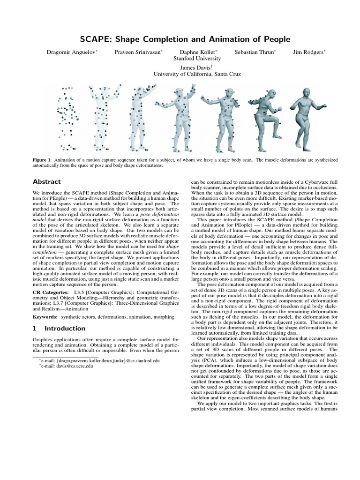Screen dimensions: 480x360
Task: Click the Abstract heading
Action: click(46, 181)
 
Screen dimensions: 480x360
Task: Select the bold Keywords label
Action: click(45, 317)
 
